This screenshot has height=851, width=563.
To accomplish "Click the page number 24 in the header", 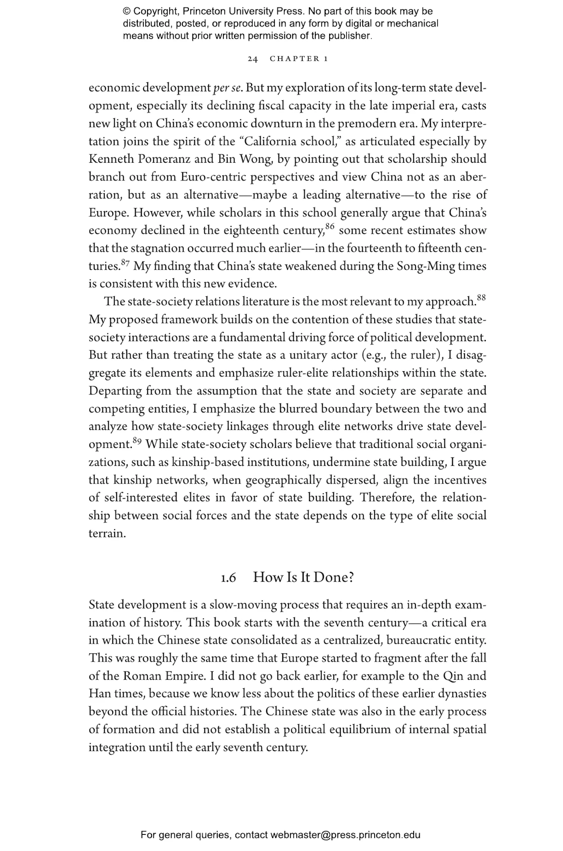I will [x=253, y=59].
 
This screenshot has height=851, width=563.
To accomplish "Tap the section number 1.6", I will [x=228, y=578].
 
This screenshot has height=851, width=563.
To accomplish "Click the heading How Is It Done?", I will [x=303, y=577].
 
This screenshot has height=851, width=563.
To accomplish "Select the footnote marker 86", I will [x=330, y=226].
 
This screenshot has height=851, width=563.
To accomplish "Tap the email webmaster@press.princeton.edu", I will [x=345, y=835].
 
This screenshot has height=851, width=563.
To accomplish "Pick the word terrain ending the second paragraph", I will [x=107, y=534].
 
